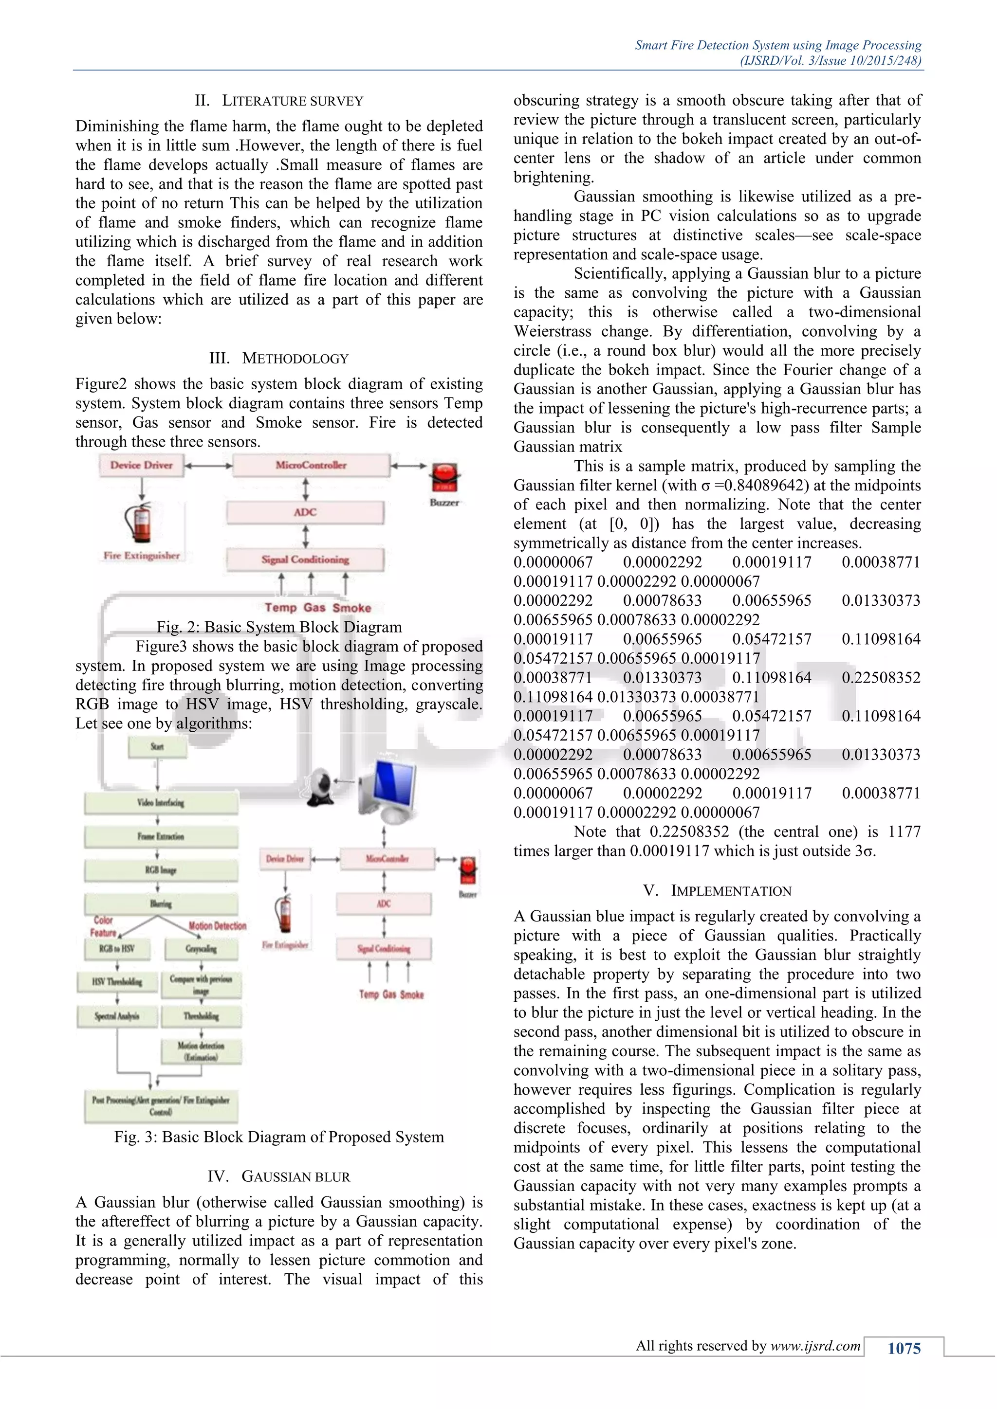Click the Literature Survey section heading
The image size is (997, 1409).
click(x=279, y=101)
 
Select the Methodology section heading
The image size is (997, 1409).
click(x=279, y=359)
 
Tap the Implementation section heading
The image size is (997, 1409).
click(x=717, y=890)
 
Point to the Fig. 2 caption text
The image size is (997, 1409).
click(x=279, y=627)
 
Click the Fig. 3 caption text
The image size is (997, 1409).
click(x=279, y=1137)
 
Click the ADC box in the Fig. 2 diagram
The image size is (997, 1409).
click(x=305, y=512)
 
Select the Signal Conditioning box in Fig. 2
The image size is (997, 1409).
click(x=305, y=560)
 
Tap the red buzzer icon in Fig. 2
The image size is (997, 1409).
click(x=444, y=478)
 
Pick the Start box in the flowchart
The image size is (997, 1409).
click(x=157, y=747)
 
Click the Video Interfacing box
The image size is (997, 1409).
click(x=161, y=802)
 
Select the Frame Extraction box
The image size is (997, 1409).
click(x=161, y=836)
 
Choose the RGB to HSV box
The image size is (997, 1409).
click(x=117, y=948)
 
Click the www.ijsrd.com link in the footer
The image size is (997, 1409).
click(x=815, y=1346)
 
